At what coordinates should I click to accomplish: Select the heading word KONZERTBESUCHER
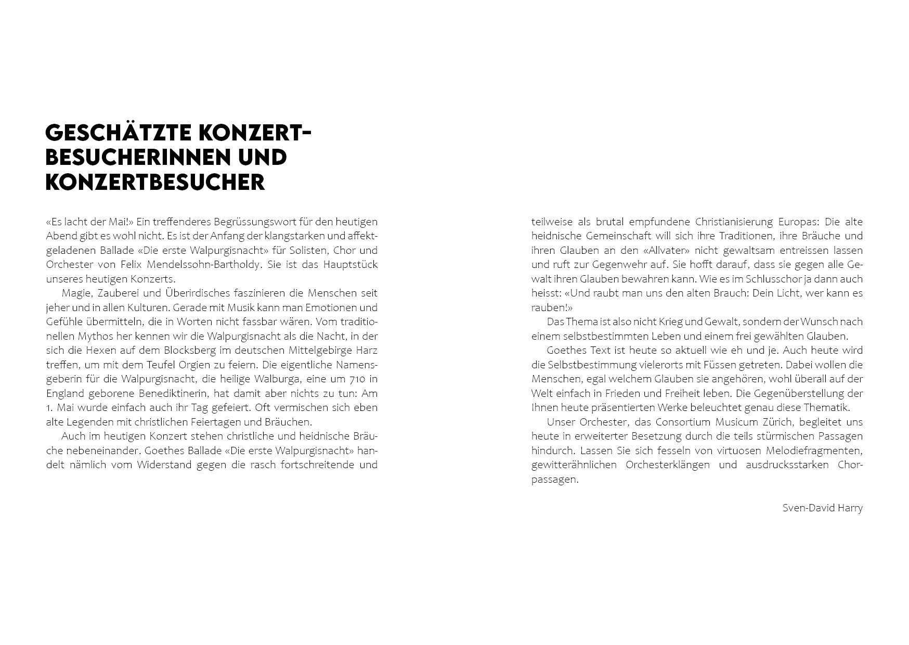click(x=155, y=182)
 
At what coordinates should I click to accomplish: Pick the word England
click(x=65, y=393)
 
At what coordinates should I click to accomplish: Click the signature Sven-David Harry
click(x=822, y=508)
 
